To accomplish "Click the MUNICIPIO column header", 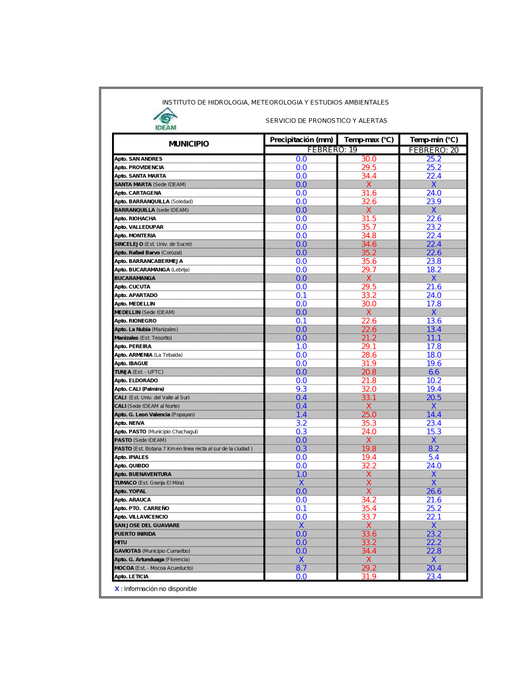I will click(189, 144).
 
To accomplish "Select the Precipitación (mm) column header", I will click(301, 139).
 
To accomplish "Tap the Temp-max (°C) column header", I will click(369, 139).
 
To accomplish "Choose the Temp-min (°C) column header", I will click(433, 139).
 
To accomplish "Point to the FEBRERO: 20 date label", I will click(433, 150).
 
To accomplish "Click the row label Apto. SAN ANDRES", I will click(139, 159).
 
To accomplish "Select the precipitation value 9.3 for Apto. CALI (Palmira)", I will click(301, 389).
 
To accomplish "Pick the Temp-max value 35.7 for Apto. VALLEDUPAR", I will click(369, 227).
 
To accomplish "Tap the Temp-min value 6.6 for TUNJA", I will click(433, 372).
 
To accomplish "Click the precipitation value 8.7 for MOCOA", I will click(301, 568).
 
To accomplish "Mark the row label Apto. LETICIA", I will click(132, 577).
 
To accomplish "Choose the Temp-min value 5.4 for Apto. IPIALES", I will click(433, 457).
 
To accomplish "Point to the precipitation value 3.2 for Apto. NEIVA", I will click(301, 423).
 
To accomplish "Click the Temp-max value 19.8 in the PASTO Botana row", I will click(369, 448).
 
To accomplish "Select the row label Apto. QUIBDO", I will click(132, 466).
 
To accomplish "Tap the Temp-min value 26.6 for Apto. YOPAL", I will click(433, 491).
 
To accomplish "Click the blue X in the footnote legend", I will click(117, 589).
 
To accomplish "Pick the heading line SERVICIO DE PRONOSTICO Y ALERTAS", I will click(326, 121).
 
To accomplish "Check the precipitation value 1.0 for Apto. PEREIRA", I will click(301, 346).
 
